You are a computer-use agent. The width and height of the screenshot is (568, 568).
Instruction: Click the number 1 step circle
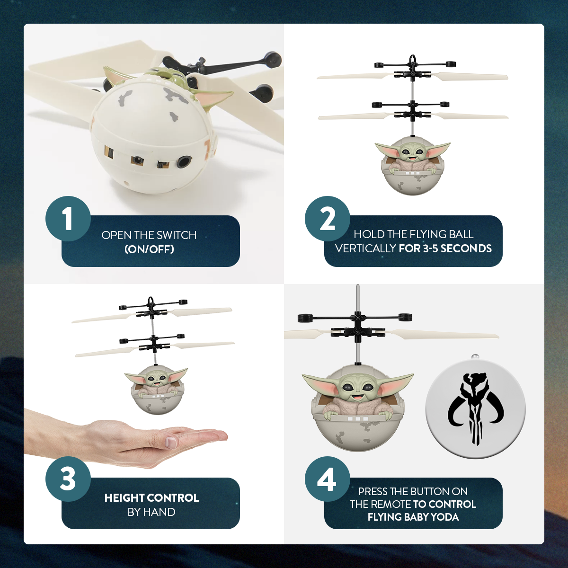coord(68,219)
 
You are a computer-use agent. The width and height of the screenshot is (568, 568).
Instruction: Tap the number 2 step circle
coord(328,219)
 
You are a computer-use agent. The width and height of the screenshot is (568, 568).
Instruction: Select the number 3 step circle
coord(68,479)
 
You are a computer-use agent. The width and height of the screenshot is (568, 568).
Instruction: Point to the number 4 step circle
coord(328,479)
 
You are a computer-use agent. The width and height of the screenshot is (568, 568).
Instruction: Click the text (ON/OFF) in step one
coord(149,249)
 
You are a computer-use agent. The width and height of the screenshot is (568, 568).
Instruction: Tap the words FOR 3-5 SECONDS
coord(445,248)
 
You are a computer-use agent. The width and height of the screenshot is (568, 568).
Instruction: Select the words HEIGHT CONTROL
coord(151,498)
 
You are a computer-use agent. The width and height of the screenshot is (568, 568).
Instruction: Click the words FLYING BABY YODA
coord(413,517)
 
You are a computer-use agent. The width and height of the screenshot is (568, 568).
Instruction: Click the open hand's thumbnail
coord(171,443)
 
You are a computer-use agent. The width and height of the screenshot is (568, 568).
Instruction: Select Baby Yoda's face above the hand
coord(156,379)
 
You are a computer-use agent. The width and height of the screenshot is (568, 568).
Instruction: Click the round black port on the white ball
coord(183,162)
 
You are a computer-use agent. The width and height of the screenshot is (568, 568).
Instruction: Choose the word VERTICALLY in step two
coord(365,248)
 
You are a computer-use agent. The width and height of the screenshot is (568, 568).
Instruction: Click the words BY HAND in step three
coord(151,512)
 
